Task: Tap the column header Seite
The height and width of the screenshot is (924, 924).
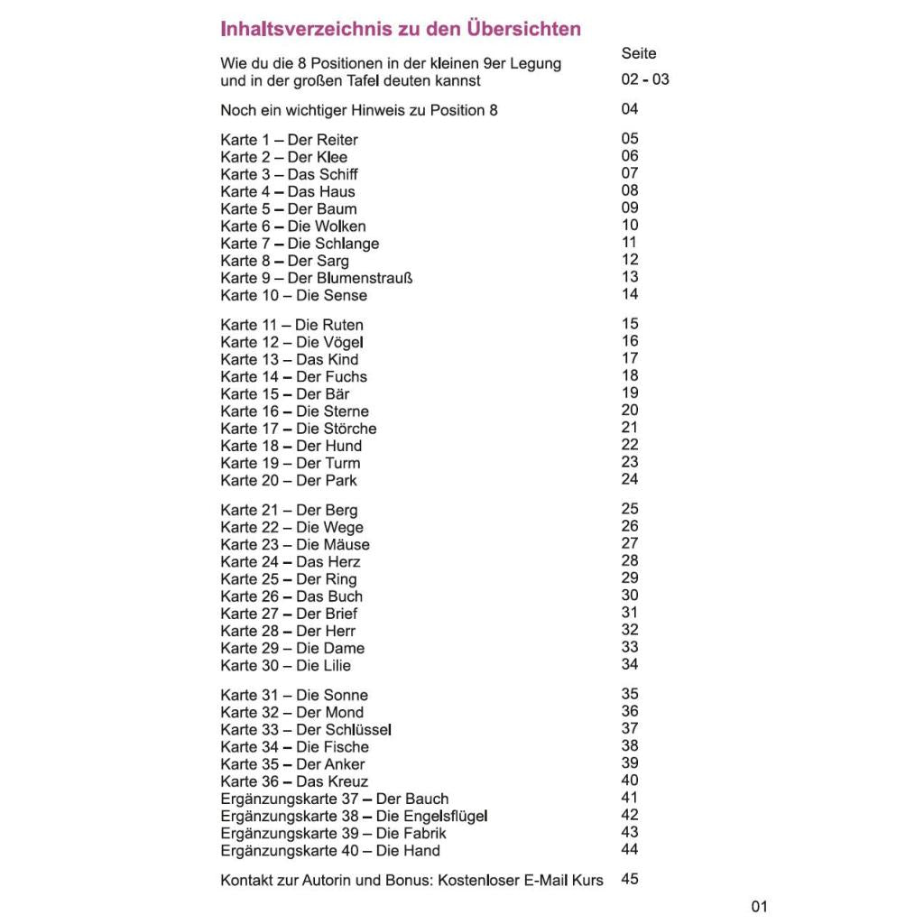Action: point(639,54)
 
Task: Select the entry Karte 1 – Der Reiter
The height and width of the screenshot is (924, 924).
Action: point(289,140)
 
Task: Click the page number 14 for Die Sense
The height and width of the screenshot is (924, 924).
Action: point(630,294)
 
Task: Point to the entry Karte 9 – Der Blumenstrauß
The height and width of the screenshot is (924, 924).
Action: point(317,278)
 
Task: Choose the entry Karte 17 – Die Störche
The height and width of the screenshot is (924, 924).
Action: point(298,429)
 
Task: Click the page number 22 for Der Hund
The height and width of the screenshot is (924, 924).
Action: point(630,445)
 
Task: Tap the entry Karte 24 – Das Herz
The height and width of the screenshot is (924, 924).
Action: point(290,562)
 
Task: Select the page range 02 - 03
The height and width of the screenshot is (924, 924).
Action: point(645,79)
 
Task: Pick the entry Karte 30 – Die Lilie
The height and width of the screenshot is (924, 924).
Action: point(285,666)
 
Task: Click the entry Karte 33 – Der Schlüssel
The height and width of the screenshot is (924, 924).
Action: point(306,729)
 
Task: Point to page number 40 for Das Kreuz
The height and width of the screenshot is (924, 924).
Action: point(630,781)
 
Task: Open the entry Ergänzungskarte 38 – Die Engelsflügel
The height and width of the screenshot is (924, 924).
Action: point(354,816)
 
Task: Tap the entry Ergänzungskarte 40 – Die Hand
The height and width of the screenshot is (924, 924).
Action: point(330,851)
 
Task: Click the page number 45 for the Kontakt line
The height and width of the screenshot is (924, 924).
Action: point(630,879)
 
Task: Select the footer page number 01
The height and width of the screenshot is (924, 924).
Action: point(759,907)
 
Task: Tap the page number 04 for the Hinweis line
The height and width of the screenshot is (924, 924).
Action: point(630,109)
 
